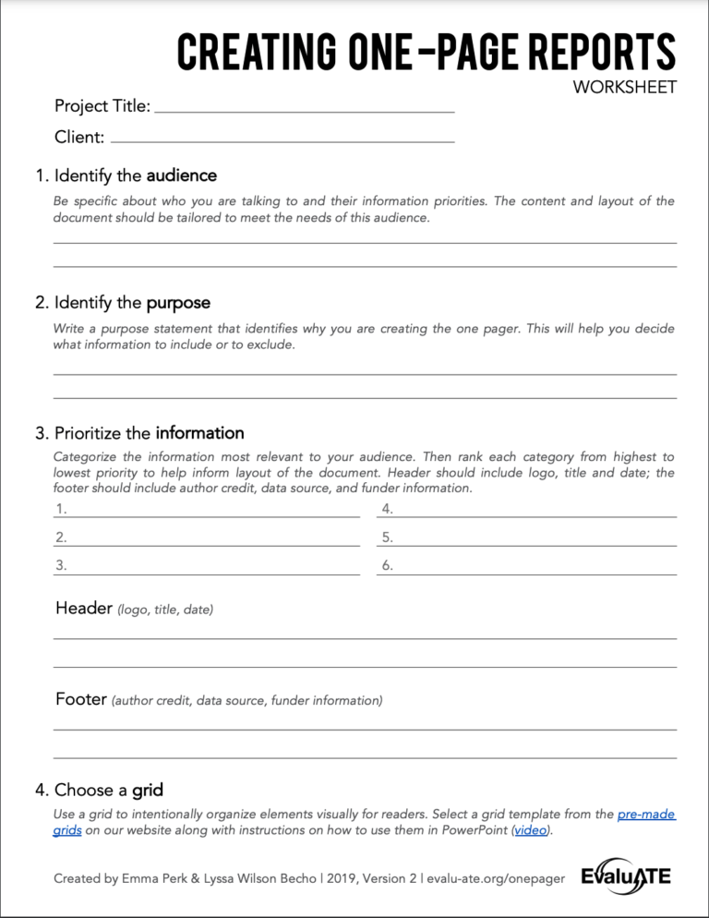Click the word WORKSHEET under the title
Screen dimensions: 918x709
[625, 88]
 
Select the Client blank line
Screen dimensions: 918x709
[282, 141]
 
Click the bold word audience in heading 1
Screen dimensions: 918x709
[181, 175]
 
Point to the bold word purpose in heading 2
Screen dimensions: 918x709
[178, 303]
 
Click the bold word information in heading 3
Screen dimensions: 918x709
[199, 433]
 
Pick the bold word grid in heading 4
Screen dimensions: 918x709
[148, 791]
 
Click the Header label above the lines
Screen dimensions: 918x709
[82, 609]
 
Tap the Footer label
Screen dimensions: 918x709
[81, 699]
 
